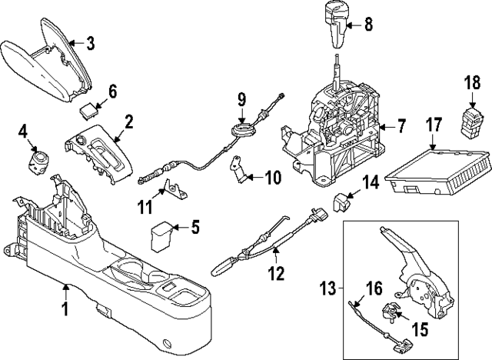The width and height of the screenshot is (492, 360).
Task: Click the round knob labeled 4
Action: pos(38,160)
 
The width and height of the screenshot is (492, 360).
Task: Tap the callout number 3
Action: pos(90,44)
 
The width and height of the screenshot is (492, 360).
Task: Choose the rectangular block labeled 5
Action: pos(162,235)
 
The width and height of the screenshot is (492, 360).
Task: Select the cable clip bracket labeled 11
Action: pos(172,189)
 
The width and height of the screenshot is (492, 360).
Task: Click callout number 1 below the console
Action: pos(65,309)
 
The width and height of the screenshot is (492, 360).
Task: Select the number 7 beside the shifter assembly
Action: pos(401,125)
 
